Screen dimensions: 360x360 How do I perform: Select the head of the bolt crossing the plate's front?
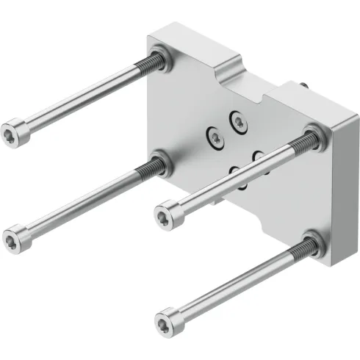[x=167, y=215]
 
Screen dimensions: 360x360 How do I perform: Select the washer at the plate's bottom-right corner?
[x=311, y=245]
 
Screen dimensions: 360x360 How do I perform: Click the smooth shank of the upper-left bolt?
[x=81, y=99]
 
